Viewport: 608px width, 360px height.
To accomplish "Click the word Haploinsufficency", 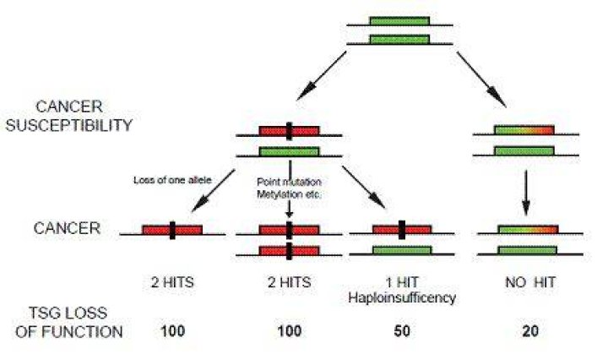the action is point(402,298).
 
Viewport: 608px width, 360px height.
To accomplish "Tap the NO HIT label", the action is point(530,282).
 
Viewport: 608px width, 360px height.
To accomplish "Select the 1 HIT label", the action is point(402,282).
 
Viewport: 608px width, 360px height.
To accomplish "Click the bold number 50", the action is point(402,331).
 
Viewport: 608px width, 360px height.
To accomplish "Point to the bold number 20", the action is point(530,331).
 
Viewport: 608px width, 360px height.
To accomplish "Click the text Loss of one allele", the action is point(172,180).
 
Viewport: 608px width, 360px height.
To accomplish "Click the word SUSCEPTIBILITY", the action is point(68,125).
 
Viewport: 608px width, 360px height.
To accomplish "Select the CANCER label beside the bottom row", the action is point(67,227).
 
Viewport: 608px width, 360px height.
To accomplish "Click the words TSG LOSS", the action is point(68,313).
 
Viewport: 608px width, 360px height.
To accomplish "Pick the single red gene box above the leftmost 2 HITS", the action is point(172,230).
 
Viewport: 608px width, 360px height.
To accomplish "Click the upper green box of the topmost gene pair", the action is point(399,21).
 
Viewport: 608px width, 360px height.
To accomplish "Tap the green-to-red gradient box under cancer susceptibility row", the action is point(524,130).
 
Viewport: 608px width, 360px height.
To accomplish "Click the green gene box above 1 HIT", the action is point(402,250).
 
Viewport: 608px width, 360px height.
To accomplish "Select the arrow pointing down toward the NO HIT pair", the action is point(526,193).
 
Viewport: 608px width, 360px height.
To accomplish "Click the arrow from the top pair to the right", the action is point(481,79).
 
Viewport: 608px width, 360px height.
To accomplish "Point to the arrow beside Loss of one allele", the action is point(214,191).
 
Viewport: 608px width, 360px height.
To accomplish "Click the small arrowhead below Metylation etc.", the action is point(290,214).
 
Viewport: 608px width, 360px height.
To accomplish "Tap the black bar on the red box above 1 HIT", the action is point(402,230).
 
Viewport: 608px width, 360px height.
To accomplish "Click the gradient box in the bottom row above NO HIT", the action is point(528,230).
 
